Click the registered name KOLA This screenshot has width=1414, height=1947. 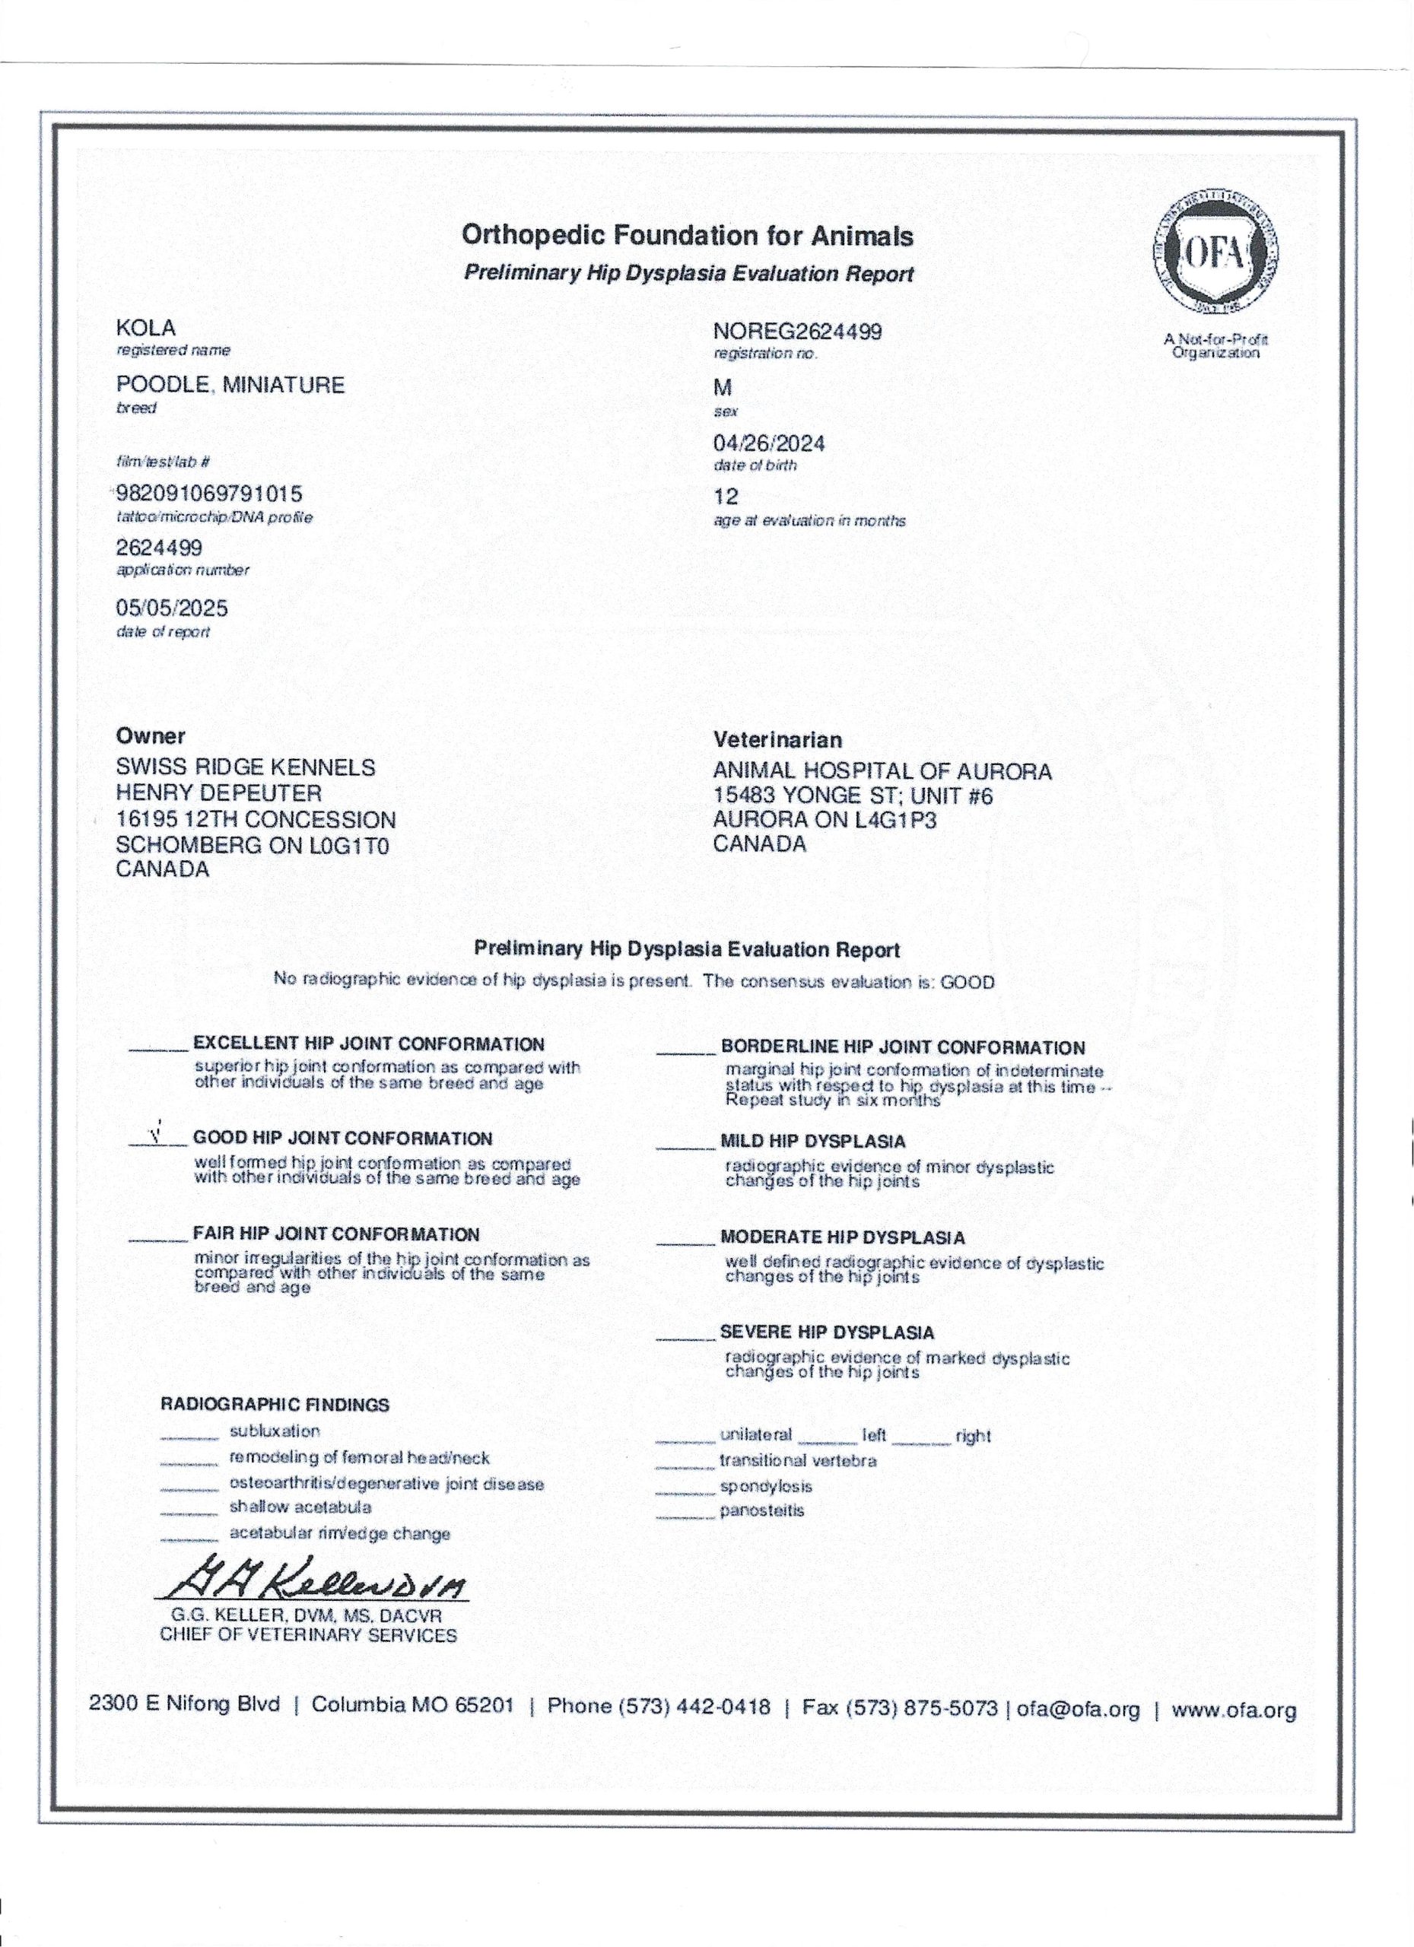[146, 328]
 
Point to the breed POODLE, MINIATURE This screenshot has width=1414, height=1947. [230, 385]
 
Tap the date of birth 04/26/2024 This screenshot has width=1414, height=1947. [769, 443]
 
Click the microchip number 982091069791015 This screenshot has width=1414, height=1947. [209, 495]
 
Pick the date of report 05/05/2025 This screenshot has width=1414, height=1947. [172, 608]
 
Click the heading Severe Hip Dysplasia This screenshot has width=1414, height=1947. [827, 1332]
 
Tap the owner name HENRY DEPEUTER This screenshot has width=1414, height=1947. [219, 793]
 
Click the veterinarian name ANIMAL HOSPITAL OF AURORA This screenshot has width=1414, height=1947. [882, 771]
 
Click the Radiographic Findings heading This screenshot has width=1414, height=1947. [275, 1405]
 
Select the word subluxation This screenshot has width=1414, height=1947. [275, 1431]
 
